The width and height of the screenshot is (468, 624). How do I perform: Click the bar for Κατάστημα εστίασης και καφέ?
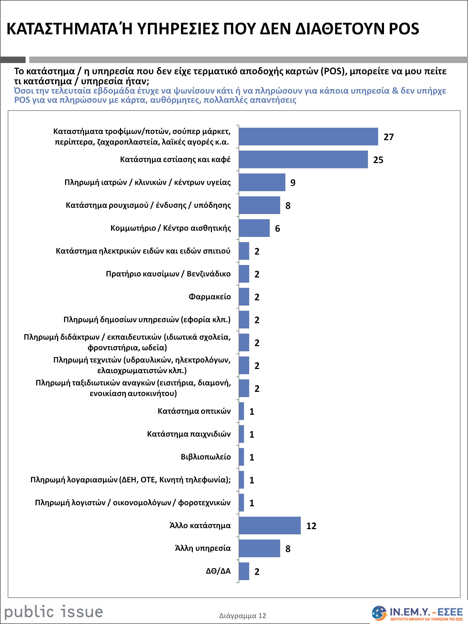[x=303, y=159]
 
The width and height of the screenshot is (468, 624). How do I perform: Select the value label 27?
[x=389, y=137]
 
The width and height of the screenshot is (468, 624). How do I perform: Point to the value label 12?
[x=311, y=526]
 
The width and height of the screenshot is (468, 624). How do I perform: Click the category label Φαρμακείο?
[x=210, y=296]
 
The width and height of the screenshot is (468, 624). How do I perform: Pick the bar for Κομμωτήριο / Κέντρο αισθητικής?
[x=254, y=228]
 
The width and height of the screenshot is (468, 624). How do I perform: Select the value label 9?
[x=293, y=183]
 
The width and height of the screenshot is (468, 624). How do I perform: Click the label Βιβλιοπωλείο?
[x=206, y=457]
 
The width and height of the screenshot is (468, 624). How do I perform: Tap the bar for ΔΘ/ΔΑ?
[x=244, y=571]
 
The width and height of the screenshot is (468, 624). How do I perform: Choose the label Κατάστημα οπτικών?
[x=194, y=411]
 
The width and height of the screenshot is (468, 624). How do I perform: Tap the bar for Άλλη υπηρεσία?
[x=259, y=548]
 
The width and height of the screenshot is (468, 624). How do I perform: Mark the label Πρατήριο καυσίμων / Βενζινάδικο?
[x=168, y=274]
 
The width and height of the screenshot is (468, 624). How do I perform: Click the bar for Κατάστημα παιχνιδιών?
[x=241, y=434]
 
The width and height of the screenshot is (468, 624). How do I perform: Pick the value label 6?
[x=278, y=229]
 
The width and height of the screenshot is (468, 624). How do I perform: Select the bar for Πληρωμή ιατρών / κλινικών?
[x=262, y=182]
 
